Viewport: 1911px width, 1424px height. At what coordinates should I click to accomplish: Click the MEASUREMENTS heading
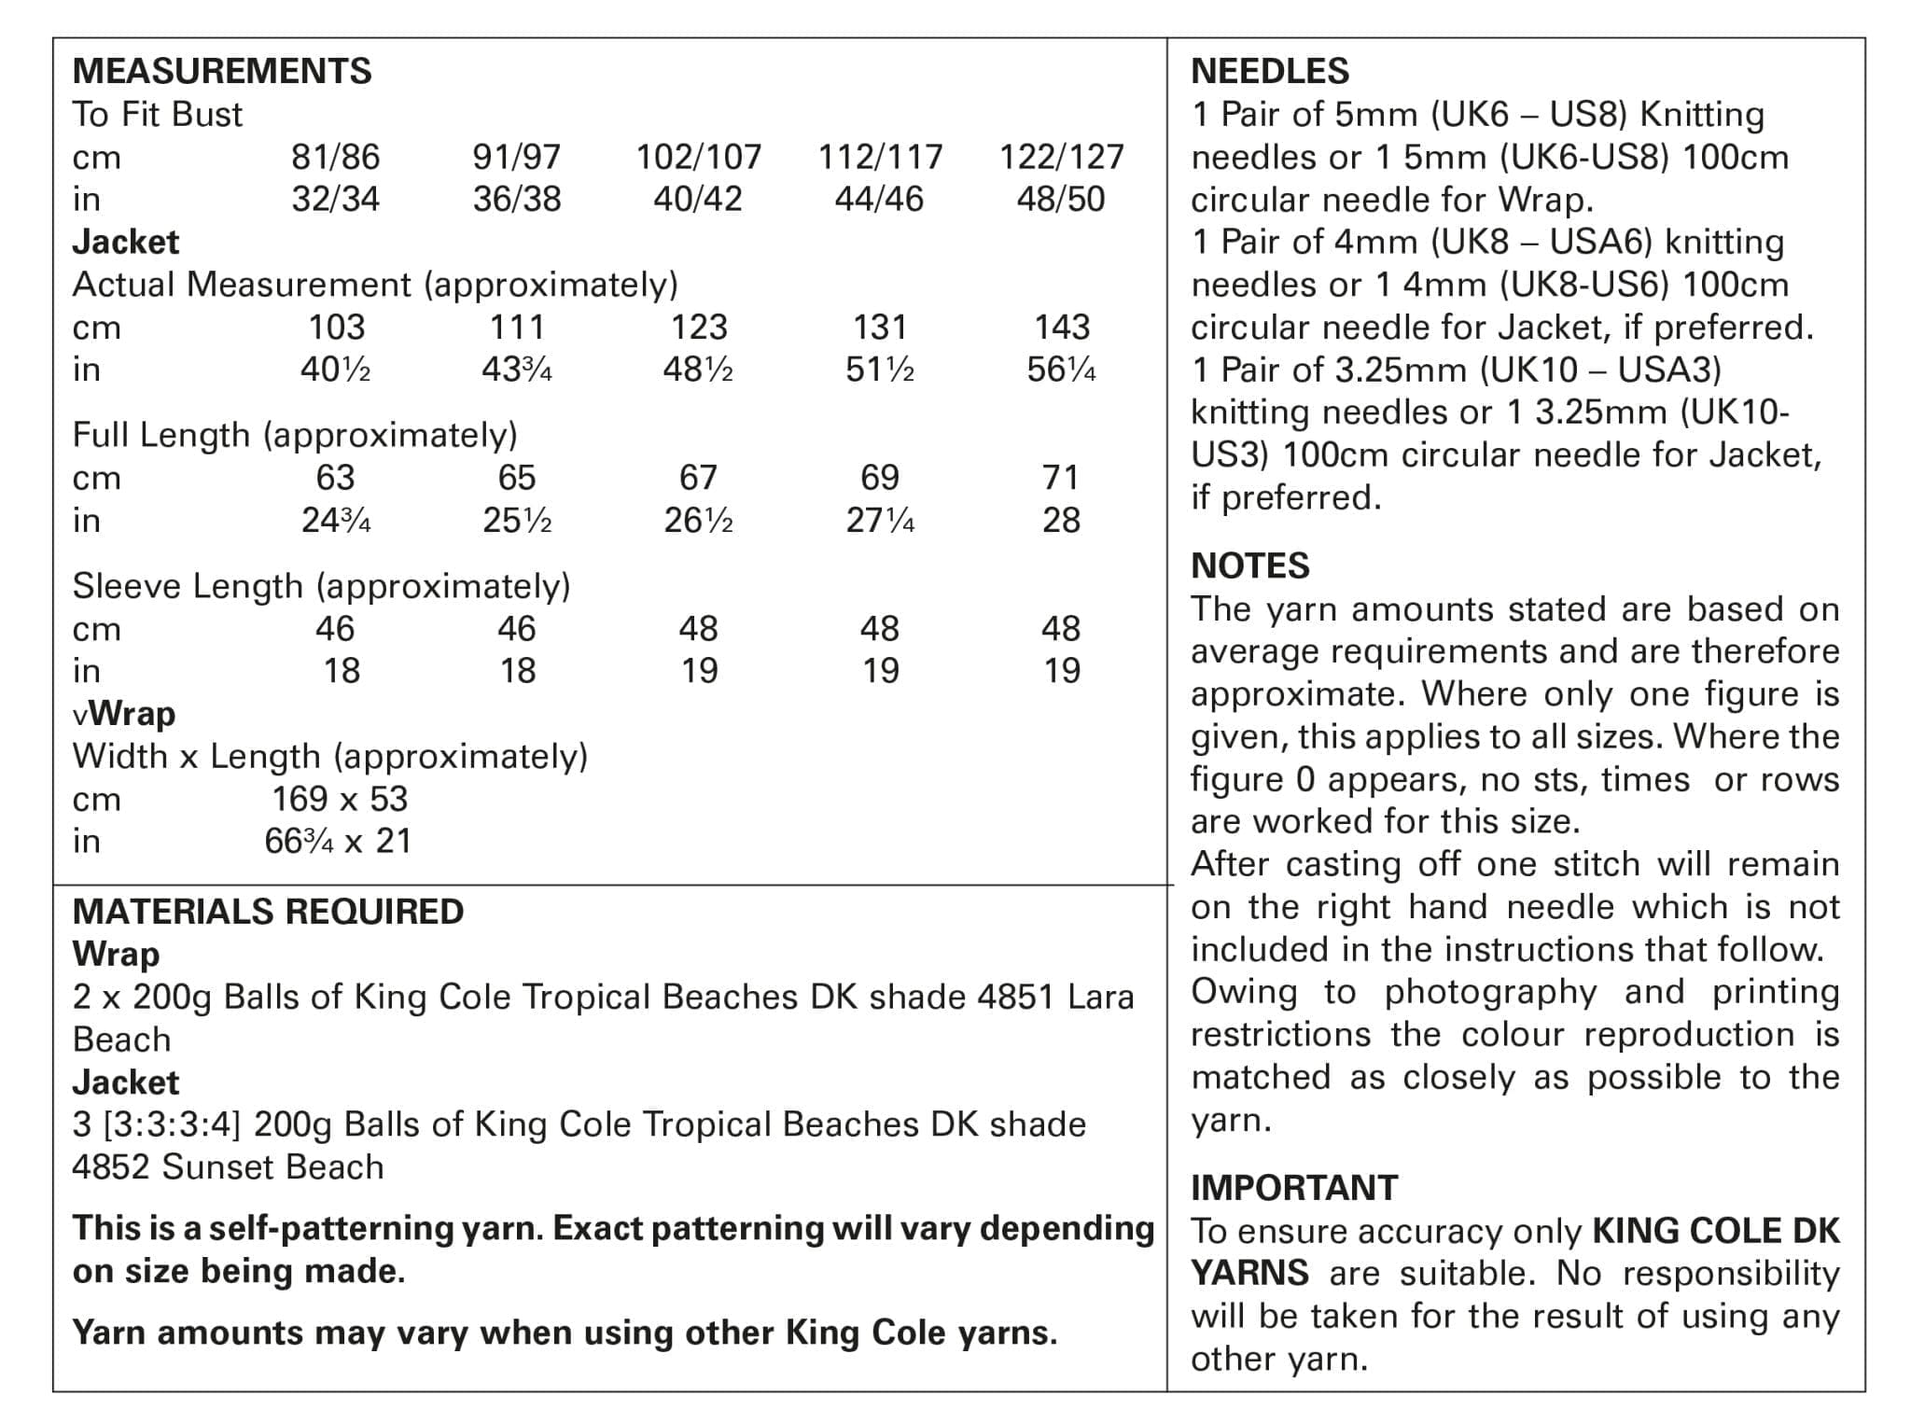click(222, 71)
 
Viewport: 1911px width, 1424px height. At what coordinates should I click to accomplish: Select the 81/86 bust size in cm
click(335, 157)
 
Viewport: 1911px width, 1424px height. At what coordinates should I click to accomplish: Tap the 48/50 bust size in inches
click(1060, 199)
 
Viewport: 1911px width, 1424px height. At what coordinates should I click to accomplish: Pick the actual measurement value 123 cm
click(699, 327)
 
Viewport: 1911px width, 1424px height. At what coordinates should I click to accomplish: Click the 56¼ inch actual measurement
click(1061, 370)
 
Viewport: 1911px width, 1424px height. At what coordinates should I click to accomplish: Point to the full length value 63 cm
click(335, 478)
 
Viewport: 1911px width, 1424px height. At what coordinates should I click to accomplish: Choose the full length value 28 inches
click(1061, 520)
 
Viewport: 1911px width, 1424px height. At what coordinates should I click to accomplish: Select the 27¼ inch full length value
click(880, 520)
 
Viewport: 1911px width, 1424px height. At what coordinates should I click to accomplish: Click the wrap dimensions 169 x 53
click(340, 799)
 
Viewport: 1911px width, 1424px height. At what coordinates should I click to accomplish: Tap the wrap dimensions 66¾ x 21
click(338, 842)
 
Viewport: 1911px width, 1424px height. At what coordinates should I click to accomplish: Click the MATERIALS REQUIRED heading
click(268, 912)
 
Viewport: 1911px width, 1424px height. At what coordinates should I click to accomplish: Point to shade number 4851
click(1015, 997)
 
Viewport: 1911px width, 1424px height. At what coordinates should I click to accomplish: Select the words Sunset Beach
click(272, 1167)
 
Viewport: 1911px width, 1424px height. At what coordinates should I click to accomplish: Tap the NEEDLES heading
click(1270, 71)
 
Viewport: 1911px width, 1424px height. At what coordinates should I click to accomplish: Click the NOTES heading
click(1249, 565)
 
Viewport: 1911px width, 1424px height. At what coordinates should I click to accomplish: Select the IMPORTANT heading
click(1294, 1188)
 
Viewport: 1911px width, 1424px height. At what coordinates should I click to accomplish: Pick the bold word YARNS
click(1249, 1273)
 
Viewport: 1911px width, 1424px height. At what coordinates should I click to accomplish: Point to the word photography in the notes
click(1490, 991)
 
